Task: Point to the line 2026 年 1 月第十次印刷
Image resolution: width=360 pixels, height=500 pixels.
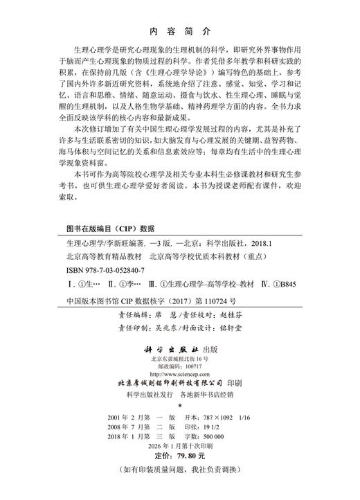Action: [x=179, y=447]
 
